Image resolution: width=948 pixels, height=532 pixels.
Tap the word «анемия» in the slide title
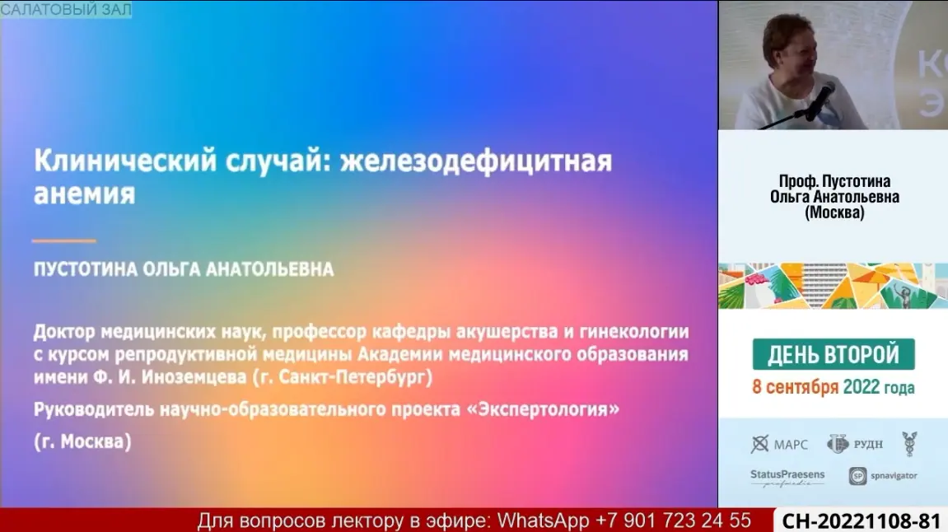[x=85, y=194]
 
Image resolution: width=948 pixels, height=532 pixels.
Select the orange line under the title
[x=64, y=240]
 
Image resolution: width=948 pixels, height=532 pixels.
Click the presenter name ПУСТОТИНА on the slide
[x=86, y=269]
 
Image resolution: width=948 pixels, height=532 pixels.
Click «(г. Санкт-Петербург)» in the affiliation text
[x=342, y=377]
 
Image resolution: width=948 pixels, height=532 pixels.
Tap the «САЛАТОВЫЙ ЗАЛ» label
[x=66, y=9]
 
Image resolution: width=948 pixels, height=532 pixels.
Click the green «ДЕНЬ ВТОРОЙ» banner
[x=834, y=354]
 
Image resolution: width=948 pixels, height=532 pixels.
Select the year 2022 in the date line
[x=861, y=387]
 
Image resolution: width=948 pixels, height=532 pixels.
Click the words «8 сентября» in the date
[x=795, y=387]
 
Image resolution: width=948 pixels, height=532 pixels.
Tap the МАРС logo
[x=779, y=445]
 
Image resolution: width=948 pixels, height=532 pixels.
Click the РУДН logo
[x=855, y=445]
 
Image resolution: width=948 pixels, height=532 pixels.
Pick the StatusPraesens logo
[x=787, y=478]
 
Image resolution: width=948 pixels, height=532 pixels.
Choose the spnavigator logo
[x=883, y=476]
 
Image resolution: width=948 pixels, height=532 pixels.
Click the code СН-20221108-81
[x=861, y=521]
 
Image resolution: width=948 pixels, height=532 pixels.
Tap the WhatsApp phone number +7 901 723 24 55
[x=673, y=520]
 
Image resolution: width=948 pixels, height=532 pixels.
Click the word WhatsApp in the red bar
[x=543, y=520]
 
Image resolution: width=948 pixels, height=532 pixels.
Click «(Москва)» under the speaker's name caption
[x=834, y=212]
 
